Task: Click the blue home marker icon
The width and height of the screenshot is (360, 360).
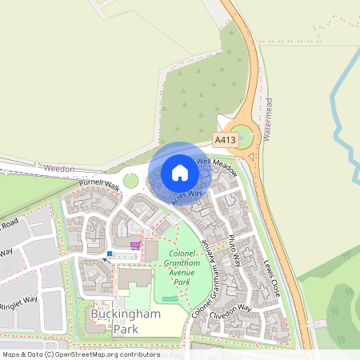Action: pos(180,172)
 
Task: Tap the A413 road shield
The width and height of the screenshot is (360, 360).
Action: pos(225,140)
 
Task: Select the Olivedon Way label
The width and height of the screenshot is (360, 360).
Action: pos(232,310)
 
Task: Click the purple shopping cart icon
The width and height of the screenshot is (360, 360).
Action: pos(135,246)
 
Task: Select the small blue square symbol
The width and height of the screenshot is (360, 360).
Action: pos(110,254)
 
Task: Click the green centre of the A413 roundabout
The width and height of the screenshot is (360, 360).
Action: pos(241,137)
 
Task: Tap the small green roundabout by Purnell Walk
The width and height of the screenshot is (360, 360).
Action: pos(130,180)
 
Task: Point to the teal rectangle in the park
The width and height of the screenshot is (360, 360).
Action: pos(170,298)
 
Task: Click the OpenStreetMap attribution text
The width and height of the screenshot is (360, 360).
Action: pos(70,354)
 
